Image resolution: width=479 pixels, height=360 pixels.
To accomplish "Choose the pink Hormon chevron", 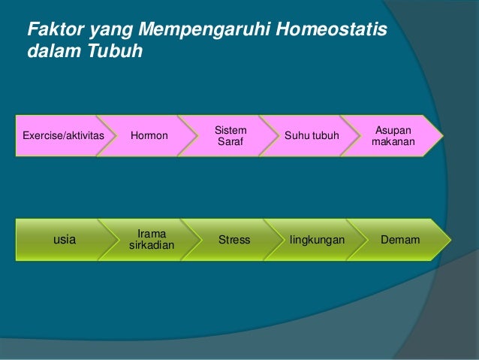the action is pos(149,136).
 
